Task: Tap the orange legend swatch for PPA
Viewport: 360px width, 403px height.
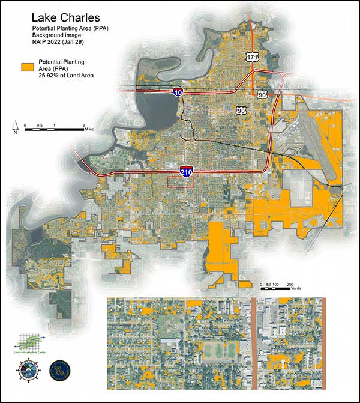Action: coord(26,68)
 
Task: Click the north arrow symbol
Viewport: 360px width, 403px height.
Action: coord(14,127)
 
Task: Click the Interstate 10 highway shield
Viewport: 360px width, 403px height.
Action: coord(178,92)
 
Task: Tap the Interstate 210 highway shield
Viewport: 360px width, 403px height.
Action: coord(187,172)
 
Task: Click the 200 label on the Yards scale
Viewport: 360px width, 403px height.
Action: coord(290,283)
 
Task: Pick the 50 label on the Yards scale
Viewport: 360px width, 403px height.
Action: coord(269,283)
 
